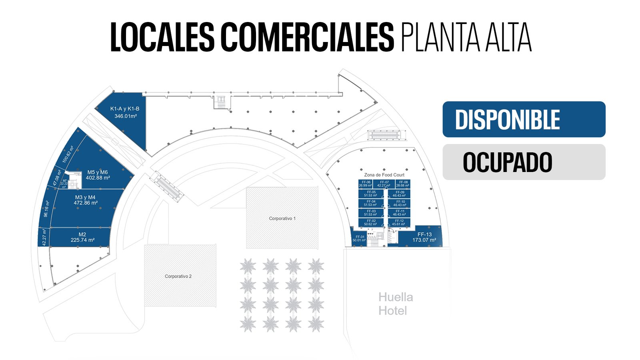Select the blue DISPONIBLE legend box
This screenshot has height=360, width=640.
[x=524, y=119]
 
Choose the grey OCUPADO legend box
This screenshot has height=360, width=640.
[x=524, y=162]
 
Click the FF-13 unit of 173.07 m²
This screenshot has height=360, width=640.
[x=424, y=237]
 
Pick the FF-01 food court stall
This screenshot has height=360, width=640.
[x=359, y=238]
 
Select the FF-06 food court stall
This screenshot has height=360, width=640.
[x=365, y=184]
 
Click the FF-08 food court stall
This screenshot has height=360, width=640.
[x=402, y=184]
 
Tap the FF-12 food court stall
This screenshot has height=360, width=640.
[x=399, y=222]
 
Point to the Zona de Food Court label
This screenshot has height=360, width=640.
[x=384, y=175]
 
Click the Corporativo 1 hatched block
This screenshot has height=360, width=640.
[x=282, y=218]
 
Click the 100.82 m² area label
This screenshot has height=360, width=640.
[x=68, y=154]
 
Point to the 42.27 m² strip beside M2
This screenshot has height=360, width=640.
[x=44, y=237]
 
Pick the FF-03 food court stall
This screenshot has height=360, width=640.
[x=370, y=213]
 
